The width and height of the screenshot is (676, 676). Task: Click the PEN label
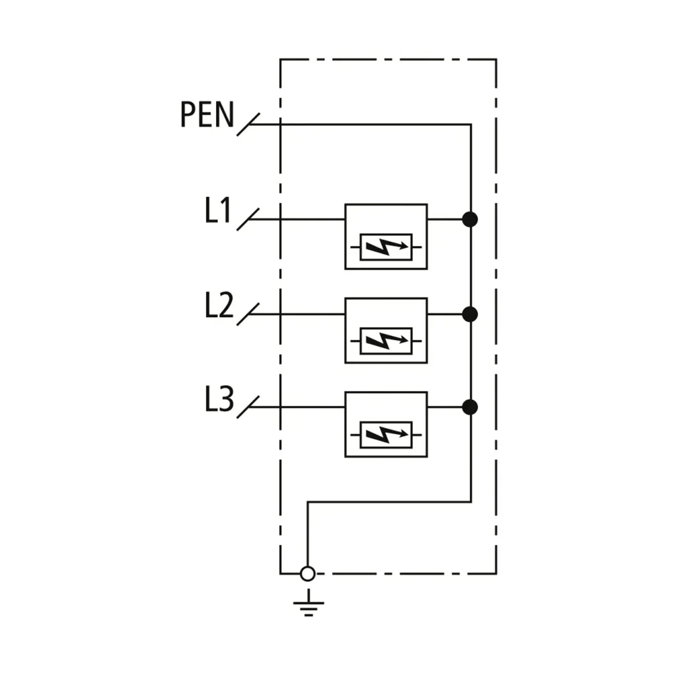[206, 114]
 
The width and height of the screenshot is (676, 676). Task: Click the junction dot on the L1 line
[470, 219]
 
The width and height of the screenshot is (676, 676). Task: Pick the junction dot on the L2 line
[470, 314]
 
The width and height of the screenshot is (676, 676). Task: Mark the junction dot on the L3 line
[470, 407]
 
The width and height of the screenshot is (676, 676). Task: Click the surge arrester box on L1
[386, 237]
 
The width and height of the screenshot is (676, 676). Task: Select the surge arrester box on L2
[386, 331]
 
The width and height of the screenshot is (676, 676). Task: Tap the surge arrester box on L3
[386, 424]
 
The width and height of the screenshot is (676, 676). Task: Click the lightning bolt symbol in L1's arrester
[386, 247]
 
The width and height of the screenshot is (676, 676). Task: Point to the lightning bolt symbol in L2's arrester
[386, 341]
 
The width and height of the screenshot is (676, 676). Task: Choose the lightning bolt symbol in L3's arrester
[386, 435]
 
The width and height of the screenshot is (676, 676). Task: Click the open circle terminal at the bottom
[308, 573]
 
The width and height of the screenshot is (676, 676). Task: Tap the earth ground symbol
[308, 604]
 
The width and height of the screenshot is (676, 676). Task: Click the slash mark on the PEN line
[248, 124]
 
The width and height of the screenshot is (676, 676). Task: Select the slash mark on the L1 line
[248, 219]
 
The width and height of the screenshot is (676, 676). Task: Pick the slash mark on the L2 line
[248, 314]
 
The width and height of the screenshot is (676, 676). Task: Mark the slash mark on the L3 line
[248, 407]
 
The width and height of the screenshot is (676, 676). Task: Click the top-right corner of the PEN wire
[470, 124]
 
